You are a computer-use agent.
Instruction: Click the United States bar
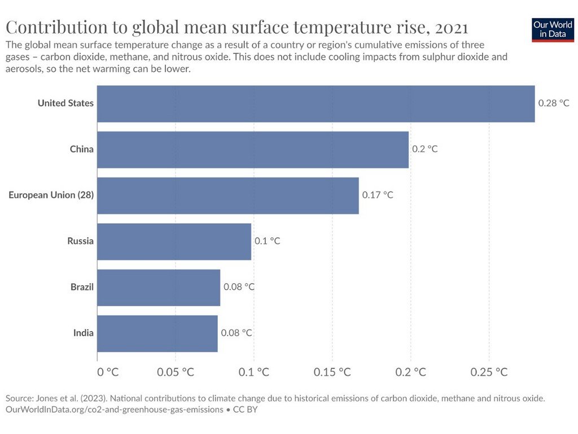point(316,104)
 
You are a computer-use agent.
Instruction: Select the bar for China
point(253,150)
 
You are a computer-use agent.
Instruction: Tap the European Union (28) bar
point(228,196)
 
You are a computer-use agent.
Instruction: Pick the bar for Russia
point(174,242)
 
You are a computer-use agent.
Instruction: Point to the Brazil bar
point(159,288)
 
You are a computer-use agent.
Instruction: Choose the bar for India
point(157,333)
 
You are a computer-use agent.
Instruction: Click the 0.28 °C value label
point(554,103)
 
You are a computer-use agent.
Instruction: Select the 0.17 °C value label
point(378,195)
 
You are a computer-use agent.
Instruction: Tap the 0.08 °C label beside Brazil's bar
point(239,287)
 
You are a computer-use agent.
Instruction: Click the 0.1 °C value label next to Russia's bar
point(267,241)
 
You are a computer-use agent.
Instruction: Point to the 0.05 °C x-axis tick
point(176,372)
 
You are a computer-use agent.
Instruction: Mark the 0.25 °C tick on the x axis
point(489,372)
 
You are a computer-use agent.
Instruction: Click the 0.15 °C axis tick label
point(332,372)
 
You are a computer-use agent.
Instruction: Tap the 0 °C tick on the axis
point(108,372)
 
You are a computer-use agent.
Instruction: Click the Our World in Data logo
point(553,29)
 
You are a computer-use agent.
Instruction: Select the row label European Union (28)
point(51,195)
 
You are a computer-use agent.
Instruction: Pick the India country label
point(84,333)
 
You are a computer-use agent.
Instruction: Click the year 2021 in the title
point(452,28)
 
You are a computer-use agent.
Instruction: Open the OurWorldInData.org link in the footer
point(114,410)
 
